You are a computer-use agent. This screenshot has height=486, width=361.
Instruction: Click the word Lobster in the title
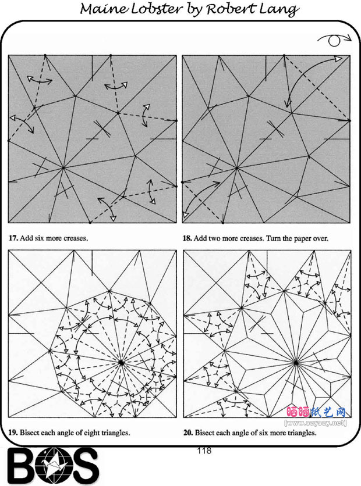(x=156, y=9)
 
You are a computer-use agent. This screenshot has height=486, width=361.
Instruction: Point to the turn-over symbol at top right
(x=335, y=40)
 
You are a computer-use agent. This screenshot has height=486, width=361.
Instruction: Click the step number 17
(x=12, y=238)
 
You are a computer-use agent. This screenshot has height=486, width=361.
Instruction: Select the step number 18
(x=186, y=238)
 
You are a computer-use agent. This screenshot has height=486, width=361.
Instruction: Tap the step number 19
(x=12, y=433)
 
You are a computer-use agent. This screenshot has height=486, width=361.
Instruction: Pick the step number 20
(x=187, y=433)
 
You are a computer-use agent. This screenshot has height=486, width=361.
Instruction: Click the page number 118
(x=204, y=451)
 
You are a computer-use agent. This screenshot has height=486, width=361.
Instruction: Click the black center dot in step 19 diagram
(x=121, y=362)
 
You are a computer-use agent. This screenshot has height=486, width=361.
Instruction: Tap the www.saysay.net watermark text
(x=315, y=423)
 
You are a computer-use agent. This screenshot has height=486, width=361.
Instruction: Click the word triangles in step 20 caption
(x=302, y=433)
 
